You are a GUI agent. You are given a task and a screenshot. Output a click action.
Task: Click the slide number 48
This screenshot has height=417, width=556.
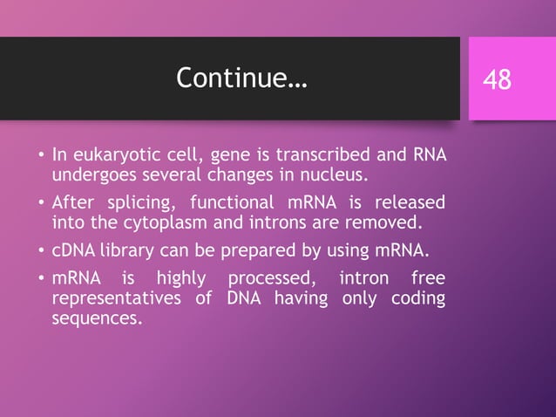point(498,80)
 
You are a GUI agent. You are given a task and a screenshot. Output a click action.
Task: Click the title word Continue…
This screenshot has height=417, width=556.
point(241,79)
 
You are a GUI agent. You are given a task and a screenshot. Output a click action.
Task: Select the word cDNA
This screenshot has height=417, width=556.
point(71,251)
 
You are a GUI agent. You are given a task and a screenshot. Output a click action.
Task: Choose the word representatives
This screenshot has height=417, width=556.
point(110,299)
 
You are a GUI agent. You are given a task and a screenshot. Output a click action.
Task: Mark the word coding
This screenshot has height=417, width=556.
point(417,299)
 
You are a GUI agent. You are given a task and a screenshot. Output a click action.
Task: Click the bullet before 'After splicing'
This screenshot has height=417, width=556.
point(40,204)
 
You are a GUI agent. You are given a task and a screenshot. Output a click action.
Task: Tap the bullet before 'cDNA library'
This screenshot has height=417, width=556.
point(40,252)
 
